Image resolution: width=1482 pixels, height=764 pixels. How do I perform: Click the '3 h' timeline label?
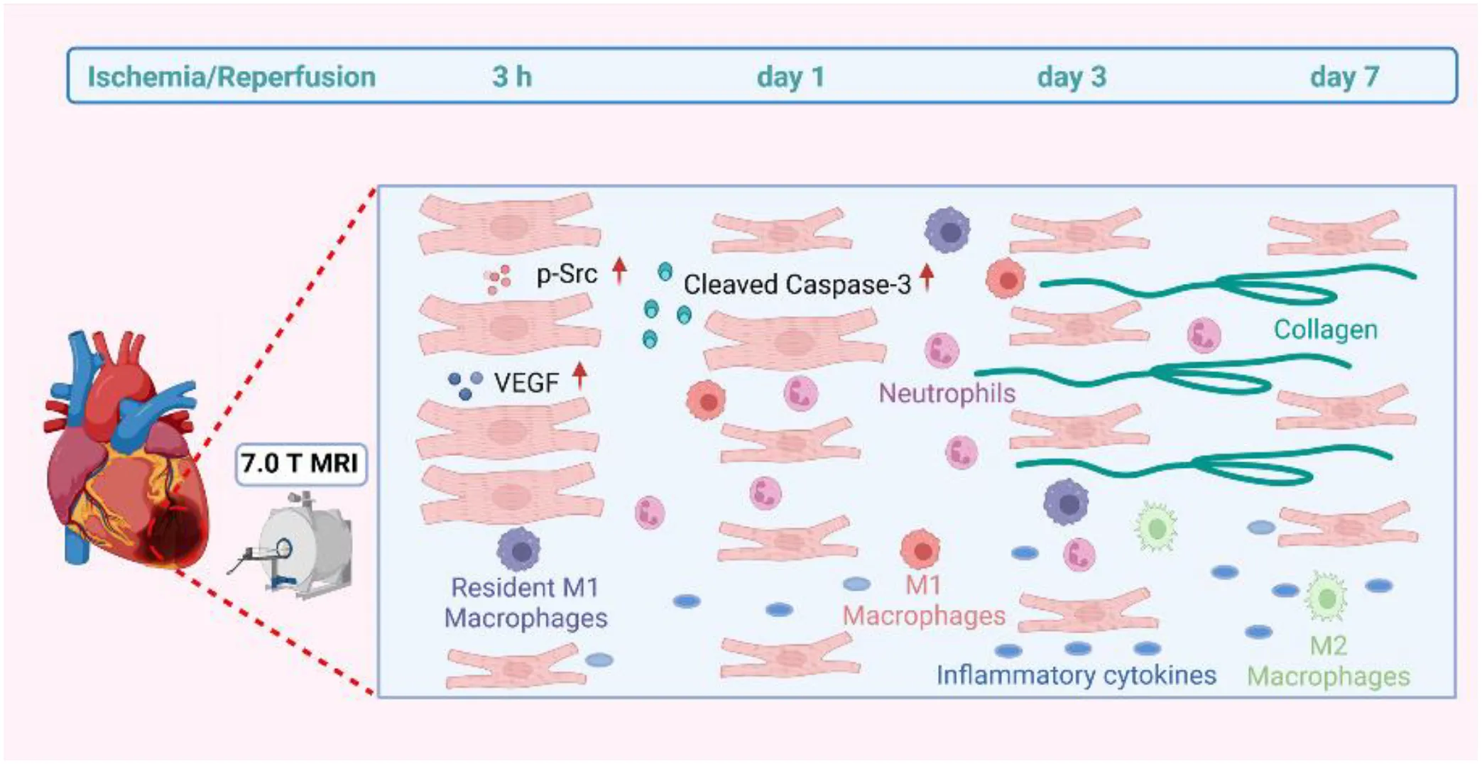512,77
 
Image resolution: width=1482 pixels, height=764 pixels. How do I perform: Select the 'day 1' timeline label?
790,77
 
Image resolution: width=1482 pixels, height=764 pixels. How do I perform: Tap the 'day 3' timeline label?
1072,77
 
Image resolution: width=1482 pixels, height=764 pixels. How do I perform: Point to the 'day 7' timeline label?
1344,77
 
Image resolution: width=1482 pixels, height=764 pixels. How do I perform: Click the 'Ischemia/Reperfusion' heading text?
231,77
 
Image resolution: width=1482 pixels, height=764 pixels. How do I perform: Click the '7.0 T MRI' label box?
300,464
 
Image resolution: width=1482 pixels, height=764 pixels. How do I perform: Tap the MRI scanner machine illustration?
295,544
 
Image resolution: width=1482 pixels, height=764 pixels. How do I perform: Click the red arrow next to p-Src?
619,271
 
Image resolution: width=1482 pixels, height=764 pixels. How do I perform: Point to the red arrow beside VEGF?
580,376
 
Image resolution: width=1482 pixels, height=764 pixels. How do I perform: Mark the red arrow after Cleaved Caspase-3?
926,278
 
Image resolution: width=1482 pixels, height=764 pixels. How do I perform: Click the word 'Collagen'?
1325,329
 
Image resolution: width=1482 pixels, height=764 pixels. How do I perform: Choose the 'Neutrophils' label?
947,393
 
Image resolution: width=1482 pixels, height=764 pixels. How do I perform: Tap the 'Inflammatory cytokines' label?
1076,675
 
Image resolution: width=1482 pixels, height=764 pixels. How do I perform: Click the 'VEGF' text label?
526,383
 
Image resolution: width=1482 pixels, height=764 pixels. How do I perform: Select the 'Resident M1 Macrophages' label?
525,603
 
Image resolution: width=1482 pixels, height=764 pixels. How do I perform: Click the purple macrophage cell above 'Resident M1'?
519,550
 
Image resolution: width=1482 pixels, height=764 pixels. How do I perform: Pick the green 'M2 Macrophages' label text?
1329,661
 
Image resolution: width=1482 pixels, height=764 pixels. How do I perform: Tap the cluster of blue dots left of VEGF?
465,384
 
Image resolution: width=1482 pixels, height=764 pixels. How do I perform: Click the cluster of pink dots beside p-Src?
498,280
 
